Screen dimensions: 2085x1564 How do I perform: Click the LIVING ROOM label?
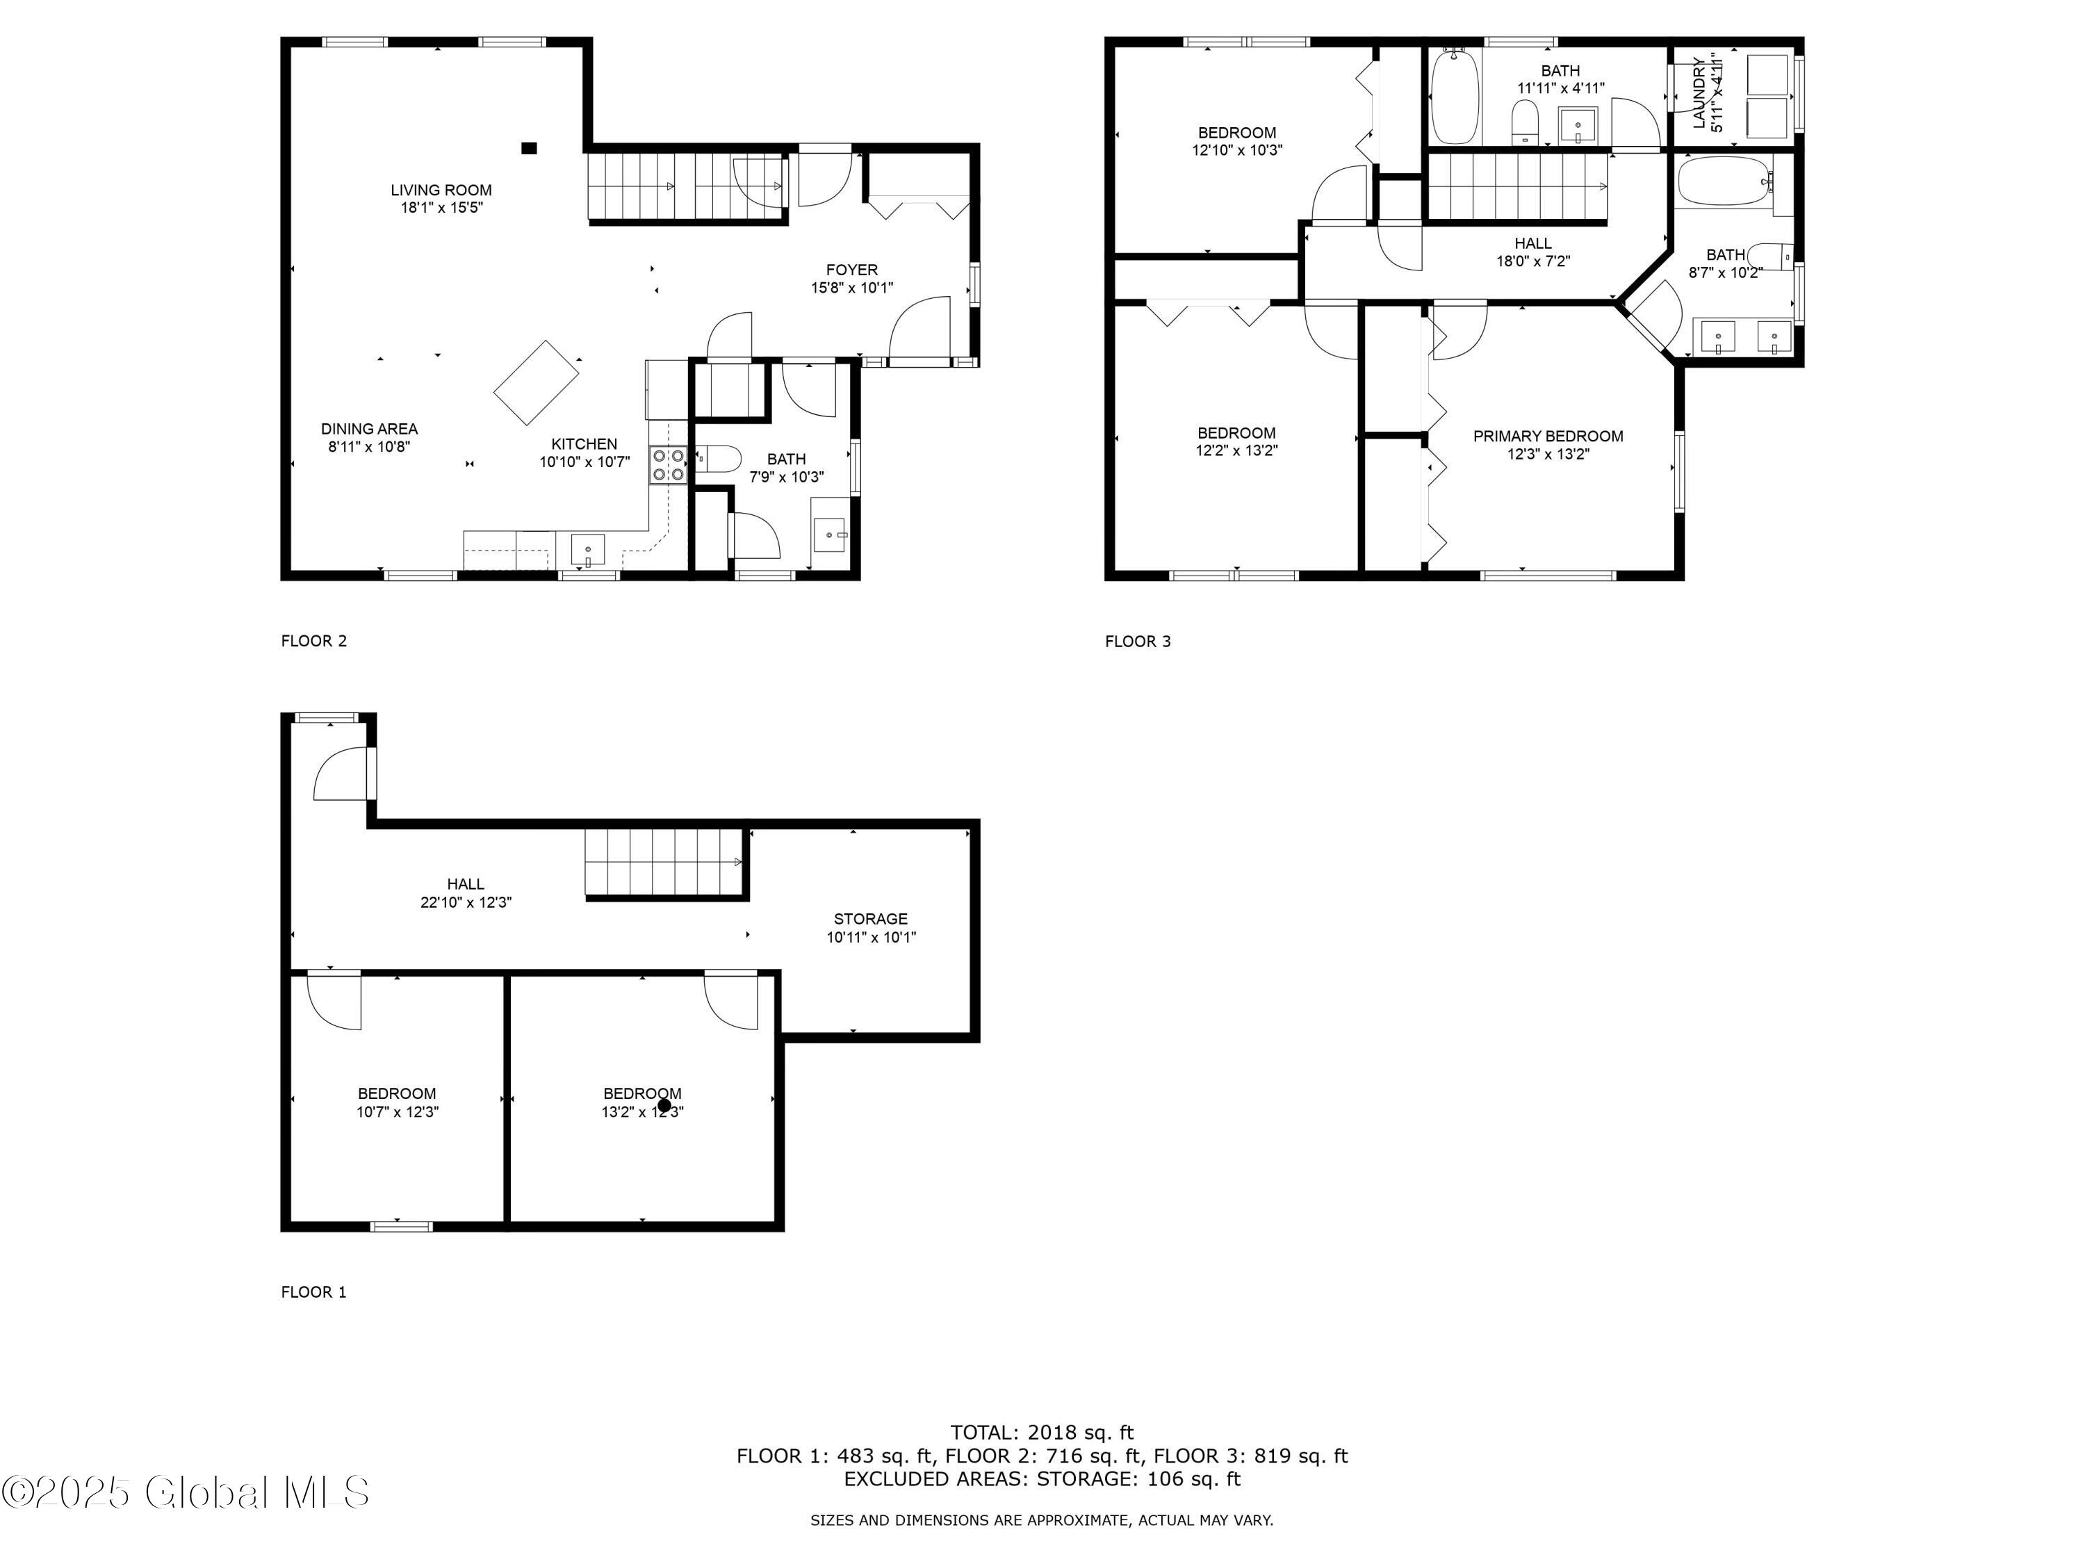pos(441,190)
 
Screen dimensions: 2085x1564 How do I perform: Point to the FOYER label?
pos(852,270)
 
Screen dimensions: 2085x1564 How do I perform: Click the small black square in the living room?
pos(530,148)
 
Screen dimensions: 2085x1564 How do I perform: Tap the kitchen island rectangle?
pos(537,382)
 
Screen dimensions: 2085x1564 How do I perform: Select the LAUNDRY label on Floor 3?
pos(1699,92)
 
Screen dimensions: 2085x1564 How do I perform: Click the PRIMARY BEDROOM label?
pos(1548,437)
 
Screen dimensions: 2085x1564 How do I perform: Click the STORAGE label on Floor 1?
pos(871,919)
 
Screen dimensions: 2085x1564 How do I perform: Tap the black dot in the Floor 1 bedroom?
pos(664,1106)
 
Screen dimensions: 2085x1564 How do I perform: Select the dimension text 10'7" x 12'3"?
pos(397,1112)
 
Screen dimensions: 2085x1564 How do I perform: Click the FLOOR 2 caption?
pos(314,641)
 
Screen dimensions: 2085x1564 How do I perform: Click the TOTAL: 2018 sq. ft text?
pos(1042,1433)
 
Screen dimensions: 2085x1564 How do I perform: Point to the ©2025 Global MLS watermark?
pos(185,1492)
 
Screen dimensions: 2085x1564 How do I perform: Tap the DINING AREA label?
pos(370,429)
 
